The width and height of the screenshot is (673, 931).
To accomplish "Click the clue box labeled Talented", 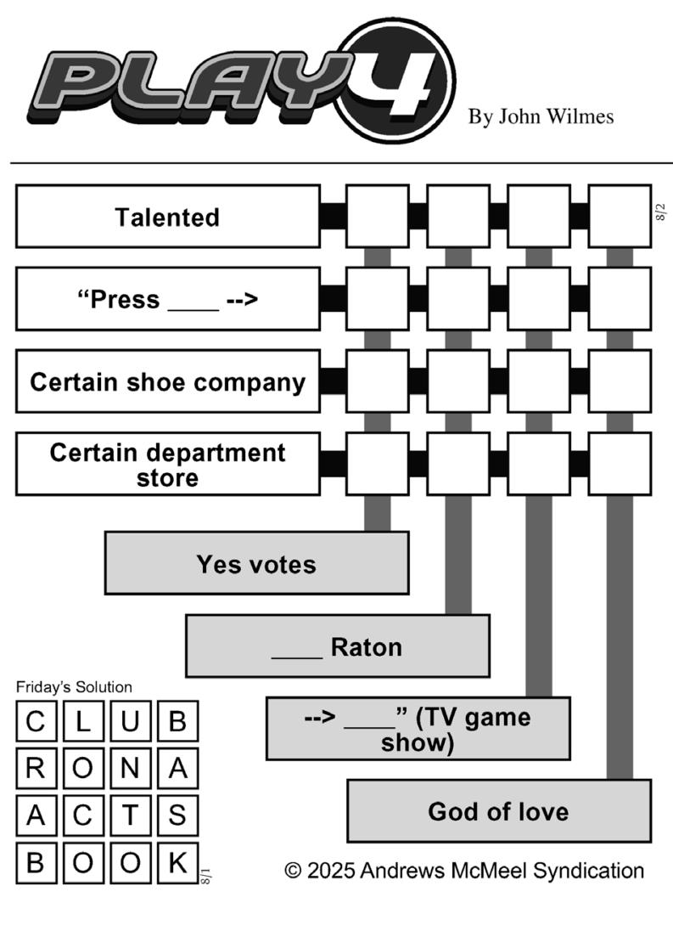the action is tap(168, 217).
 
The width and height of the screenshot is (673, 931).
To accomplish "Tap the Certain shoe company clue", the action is tap(168, 381).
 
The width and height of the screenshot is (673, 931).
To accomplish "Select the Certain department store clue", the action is tap(168, 465).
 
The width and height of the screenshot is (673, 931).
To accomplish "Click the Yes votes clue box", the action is tap(257, 563).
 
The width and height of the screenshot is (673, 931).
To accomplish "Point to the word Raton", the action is tap(367, 647).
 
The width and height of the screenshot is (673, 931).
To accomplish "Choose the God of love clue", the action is tap(499, 811).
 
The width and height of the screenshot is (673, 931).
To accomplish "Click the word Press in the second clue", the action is tap(125, 300).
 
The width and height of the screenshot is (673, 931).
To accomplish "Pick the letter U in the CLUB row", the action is tap(131, 721).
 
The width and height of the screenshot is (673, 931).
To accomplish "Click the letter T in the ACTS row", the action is tap(131, 815).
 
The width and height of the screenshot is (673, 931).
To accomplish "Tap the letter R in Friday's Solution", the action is tap(36, 768).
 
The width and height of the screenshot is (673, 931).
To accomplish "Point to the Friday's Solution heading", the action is tap(74, 687).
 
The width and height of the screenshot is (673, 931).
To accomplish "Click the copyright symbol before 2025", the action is tap(293, 871).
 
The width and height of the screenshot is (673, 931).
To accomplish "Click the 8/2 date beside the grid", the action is tap(661, 212).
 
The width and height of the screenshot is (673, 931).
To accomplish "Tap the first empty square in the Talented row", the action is tap(378, 217).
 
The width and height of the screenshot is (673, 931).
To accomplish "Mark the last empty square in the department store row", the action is tap(620, 465).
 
